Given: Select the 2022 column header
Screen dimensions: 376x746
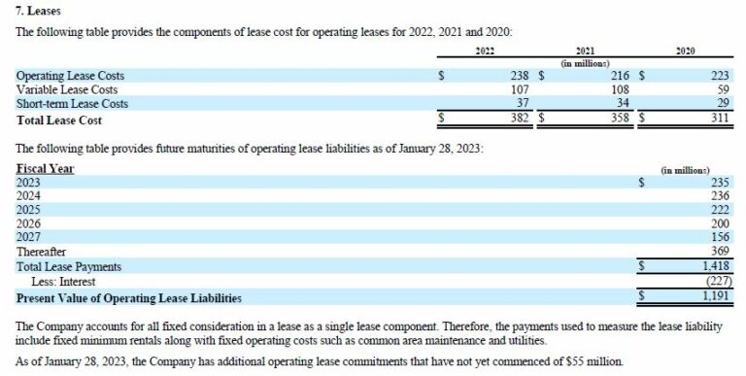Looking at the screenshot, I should point(487,50).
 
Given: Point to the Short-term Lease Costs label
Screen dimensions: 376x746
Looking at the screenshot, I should point(72,104).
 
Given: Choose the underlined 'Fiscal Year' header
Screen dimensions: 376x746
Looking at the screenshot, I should point(46,168).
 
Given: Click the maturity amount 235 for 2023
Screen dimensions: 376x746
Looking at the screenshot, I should point(720,182).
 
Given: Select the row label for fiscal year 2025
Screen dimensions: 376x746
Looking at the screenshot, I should point(30,209).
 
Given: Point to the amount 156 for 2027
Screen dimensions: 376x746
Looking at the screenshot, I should point(720,237).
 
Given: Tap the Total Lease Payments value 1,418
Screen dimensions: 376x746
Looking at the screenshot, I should point(715,266).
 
